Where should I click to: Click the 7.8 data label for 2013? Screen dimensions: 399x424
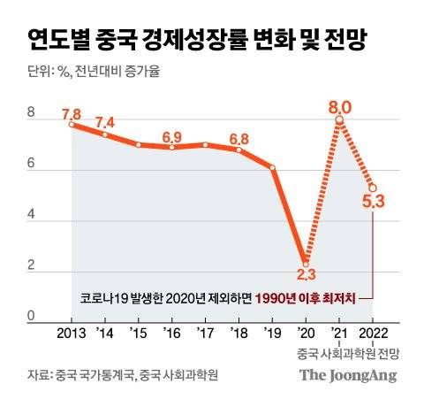click(72, 113)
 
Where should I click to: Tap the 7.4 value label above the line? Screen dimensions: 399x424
click(105, 122)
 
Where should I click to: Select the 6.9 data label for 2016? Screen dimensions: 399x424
click(172, 136)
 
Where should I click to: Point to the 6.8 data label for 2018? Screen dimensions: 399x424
click(238, 139)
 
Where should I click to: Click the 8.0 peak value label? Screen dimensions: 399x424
click(340, 109)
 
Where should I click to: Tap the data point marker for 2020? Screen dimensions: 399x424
click(306, 264)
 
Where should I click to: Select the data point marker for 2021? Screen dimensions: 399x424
click(339, 119)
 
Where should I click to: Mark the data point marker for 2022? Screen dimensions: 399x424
click(373, 188)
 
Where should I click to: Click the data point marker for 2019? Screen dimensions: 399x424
click(272, 167)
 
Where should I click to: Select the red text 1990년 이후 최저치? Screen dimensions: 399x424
click(306, 299)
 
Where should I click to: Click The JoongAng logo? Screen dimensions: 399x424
click(348, 375)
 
